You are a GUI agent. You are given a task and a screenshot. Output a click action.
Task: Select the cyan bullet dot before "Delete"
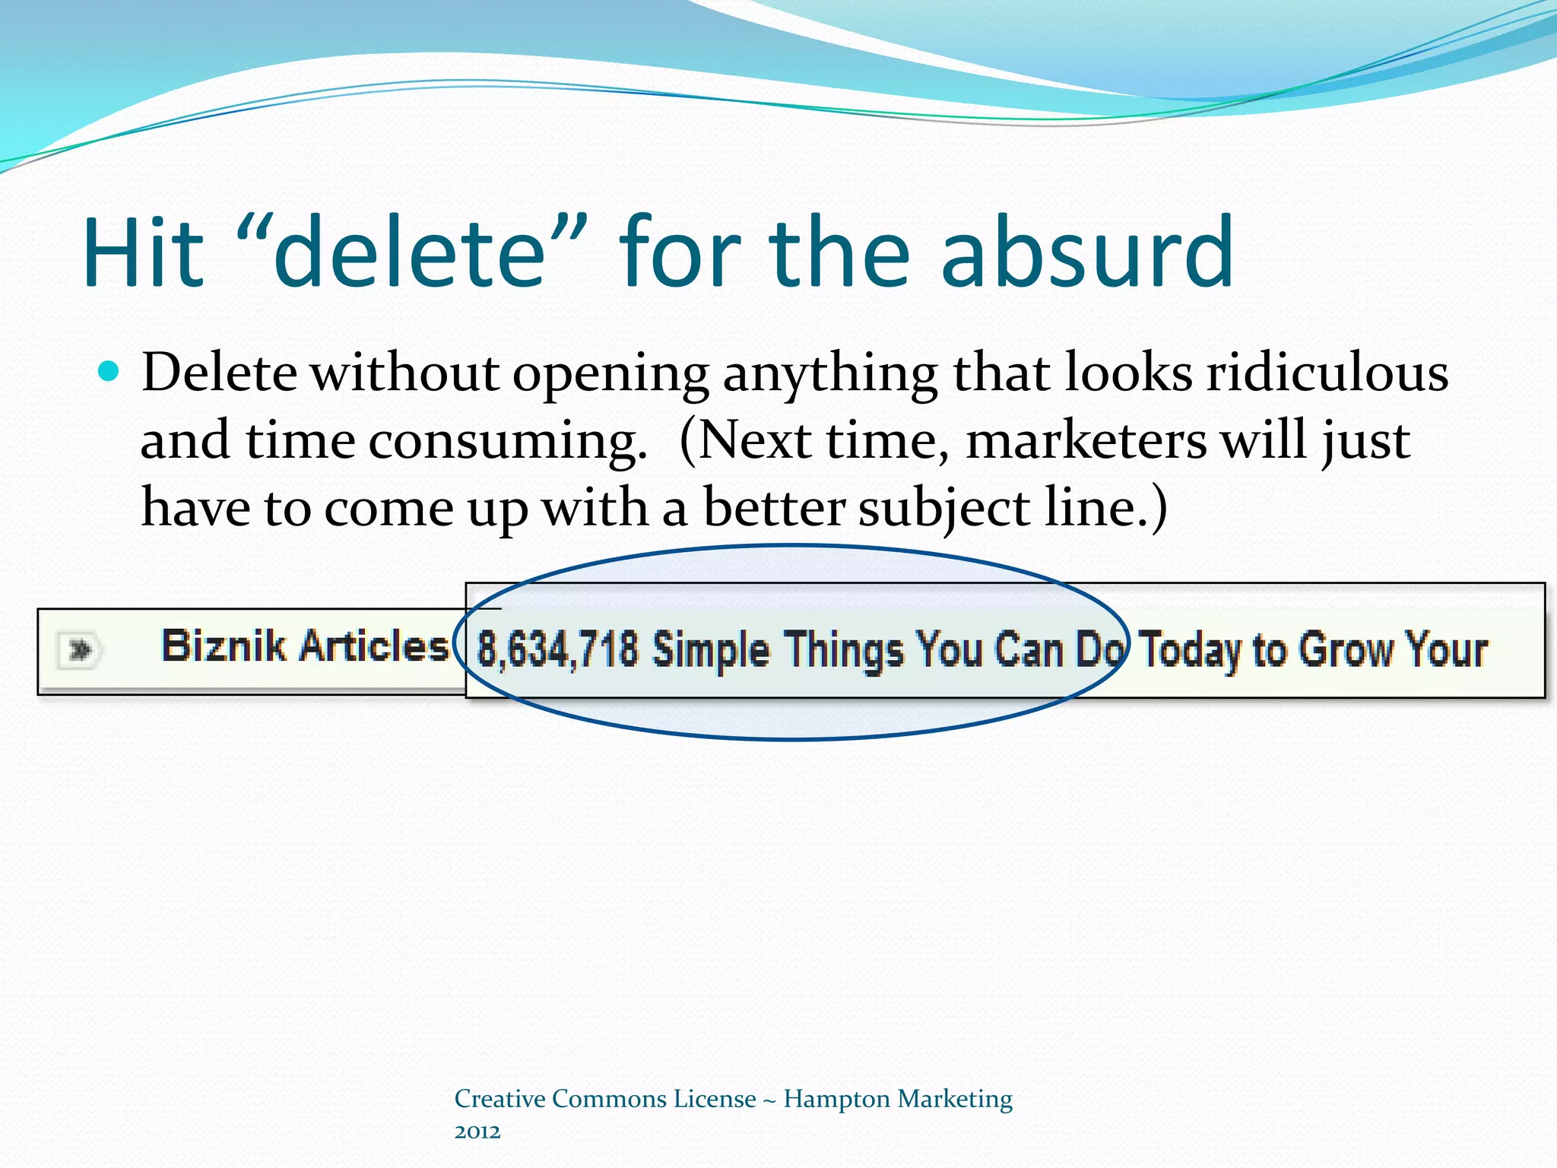click(109, 372)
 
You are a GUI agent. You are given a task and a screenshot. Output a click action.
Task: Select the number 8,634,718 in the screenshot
click(557, 650)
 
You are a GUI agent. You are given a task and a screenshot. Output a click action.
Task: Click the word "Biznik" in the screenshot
click(224, 646)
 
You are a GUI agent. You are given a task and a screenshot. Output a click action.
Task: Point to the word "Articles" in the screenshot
click(373, 646)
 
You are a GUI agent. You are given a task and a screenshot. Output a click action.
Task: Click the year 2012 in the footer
click(477, 1131)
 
